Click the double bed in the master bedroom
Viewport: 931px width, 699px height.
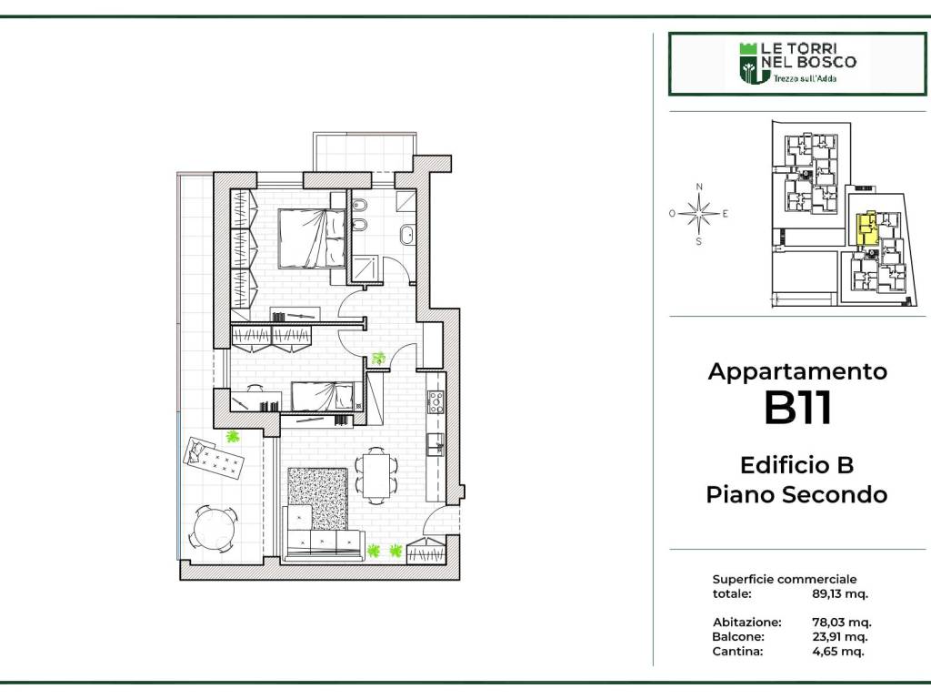(x=312, y=238)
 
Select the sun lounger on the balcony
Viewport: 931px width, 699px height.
(x=214, y=459)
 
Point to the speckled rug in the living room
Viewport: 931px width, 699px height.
(x=317, y=499)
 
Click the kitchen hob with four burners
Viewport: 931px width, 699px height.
(x=435, y=401)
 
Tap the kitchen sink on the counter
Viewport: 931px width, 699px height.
(x=435, y=444)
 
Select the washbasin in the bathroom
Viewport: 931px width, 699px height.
(x=407, y=235)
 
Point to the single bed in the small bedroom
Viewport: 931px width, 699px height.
(x=323, y=397)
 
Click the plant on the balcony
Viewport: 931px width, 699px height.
(x=233, y=437)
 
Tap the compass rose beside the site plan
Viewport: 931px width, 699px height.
(x=699, y=214)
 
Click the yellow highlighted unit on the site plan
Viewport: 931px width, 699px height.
(x=866, y=229)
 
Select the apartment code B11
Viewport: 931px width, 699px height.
(x=797, y=408)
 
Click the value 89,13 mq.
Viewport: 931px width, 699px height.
(x=839, y=593)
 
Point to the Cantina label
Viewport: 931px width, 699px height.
(x=737, y=651)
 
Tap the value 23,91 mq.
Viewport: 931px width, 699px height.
(x=839, y=636)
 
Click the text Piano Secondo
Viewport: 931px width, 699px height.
(x=796, y=494)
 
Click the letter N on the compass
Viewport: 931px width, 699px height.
(x=699, y=187)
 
